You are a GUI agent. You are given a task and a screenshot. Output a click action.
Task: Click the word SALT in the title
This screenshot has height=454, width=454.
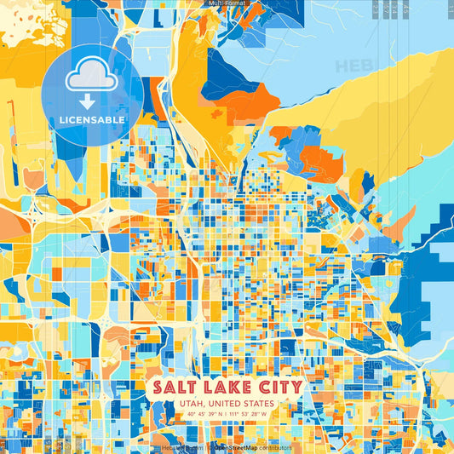(x=174, y=388)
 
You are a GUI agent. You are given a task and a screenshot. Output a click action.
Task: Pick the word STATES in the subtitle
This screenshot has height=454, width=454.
(x=260, y=403)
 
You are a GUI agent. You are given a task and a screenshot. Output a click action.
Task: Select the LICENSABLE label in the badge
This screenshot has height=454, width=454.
(x=92, y=120)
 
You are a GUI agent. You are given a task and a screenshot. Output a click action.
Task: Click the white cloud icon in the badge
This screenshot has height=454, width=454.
(x=92, y=79)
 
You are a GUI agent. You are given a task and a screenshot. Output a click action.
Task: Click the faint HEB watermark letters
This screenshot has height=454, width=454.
(x=351, y=66)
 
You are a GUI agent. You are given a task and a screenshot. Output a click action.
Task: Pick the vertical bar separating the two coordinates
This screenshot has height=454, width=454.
(x=227, y=415)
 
